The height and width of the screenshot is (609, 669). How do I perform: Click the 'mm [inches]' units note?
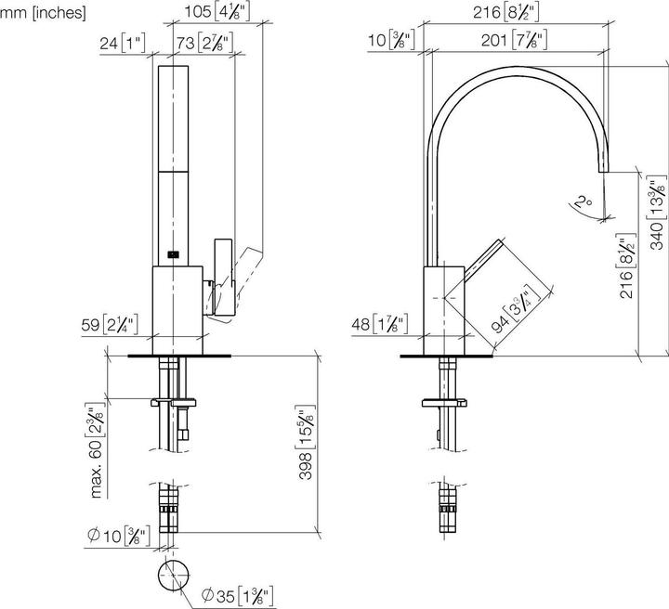click(45, 13)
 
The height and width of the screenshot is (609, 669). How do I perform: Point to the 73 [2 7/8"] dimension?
click(206, 44)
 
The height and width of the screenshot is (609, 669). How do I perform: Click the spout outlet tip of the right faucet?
click(604, 172)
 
